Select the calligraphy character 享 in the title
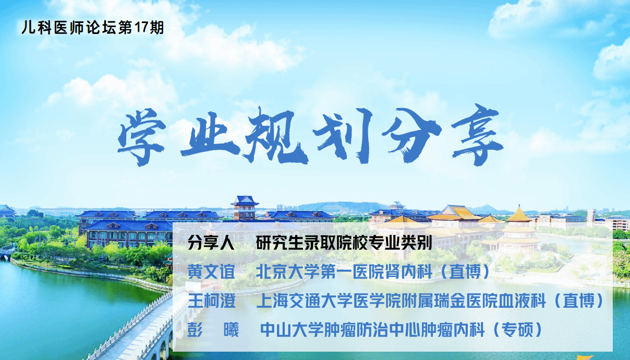coord(477,135)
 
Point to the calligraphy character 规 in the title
coord(275,136)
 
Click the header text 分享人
coord(211,243)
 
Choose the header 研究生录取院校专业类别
coord(344,243)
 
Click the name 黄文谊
coord(211,271)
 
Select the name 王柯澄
coord(211,301)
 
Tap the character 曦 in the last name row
coord(231,330)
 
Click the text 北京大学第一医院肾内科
coord(344,271)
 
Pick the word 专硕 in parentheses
coord(517,329)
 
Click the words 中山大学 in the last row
coord(292,330)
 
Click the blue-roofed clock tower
coord(245,208)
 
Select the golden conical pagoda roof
coord(519,214)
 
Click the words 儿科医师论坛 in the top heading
coord(69,28)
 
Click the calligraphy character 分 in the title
coord(411,135)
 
